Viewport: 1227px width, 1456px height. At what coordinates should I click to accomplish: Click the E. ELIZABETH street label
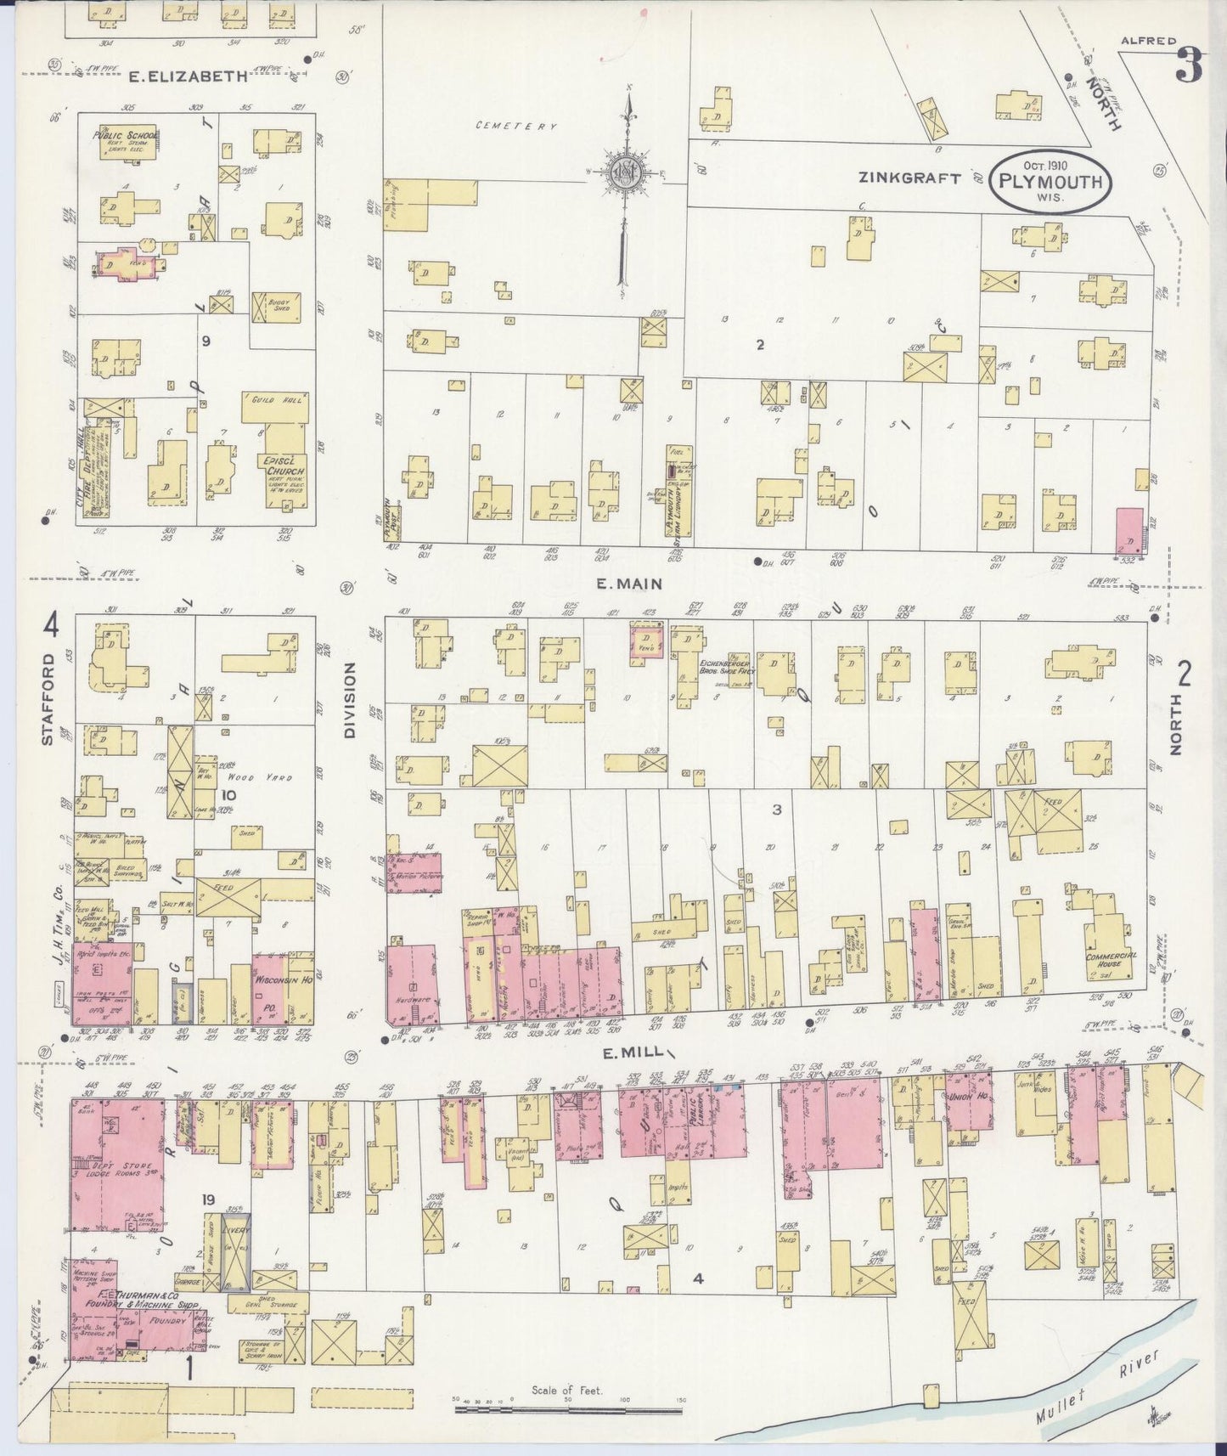189,76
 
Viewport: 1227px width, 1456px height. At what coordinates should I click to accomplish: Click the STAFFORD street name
48,700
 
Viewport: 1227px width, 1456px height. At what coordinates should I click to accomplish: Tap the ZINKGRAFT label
909,178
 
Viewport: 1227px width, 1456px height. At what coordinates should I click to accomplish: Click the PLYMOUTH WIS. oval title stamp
1050,181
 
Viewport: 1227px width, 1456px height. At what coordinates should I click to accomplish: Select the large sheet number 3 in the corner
1190,66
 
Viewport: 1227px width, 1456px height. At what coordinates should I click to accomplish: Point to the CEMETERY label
516,127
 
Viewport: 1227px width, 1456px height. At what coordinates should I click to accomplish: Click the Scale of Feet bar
567,1410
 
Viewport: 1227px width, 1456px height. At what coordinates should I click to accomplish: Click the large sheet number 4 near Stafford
52,627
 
